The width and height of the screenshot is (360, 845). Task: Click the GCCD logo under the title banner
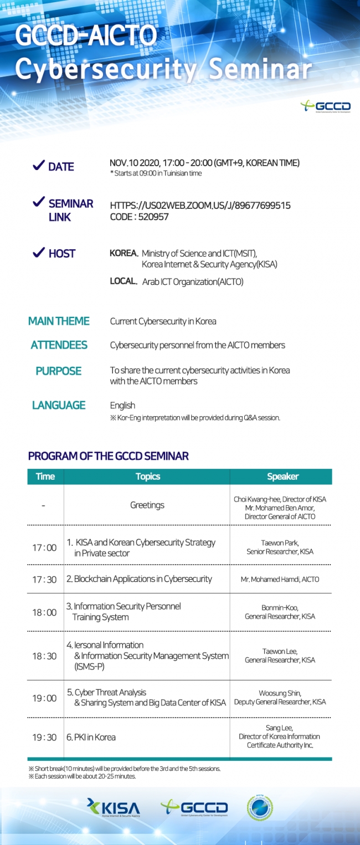click(x=326, y=106)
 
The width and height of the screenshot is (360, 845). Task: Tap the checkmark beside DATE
click(x=38, y=166)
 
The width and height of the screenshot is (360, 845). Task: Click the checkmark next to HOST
click(x=38, y=253)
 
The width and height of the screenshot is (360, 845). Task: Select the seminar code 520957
click(x=139, y=217)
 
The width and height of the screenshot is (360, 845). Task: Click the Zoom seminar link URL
click(x=200, y=206)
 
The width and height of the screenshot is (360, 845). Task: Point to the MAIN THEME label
click(x=59, y=321)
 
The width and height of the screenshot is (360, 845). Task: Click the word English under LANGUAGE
click(x=122, y=405)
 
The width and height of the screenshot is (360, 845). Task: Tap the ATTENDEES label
click(x=59, y=345)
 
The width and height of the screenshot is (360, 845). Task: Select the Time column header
click(x=45, y=477)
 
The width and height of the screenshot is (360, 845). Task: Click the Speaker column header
click(x=282, y=477)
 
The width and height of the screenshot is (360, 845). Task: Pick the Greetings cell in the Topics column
click(x=147, y=505)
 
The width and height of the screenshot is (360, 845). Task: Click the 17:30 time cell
click(x=44, y=579)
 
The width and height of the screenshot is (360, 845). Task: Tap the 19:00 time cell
click(x=44, y=698)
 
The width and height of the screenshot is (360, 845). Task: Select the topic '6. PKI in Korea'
click(x=91, y=738)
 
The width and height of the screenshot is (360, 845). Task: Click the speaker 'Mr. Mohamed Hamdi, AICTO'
click(x=280, y=579)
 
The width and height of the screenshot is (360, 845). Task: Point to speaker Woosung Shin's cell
click(x=280, y=698)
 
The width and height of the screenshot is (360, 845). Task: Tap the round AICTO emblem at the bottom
click(x=259, y=807)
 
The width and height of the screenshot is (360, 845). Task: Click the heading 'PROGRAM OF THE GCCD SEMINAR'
click(x=109, y=457)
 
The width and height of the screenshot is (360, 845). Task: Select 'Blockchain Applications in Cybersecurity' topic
click(x=139, y=579)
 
